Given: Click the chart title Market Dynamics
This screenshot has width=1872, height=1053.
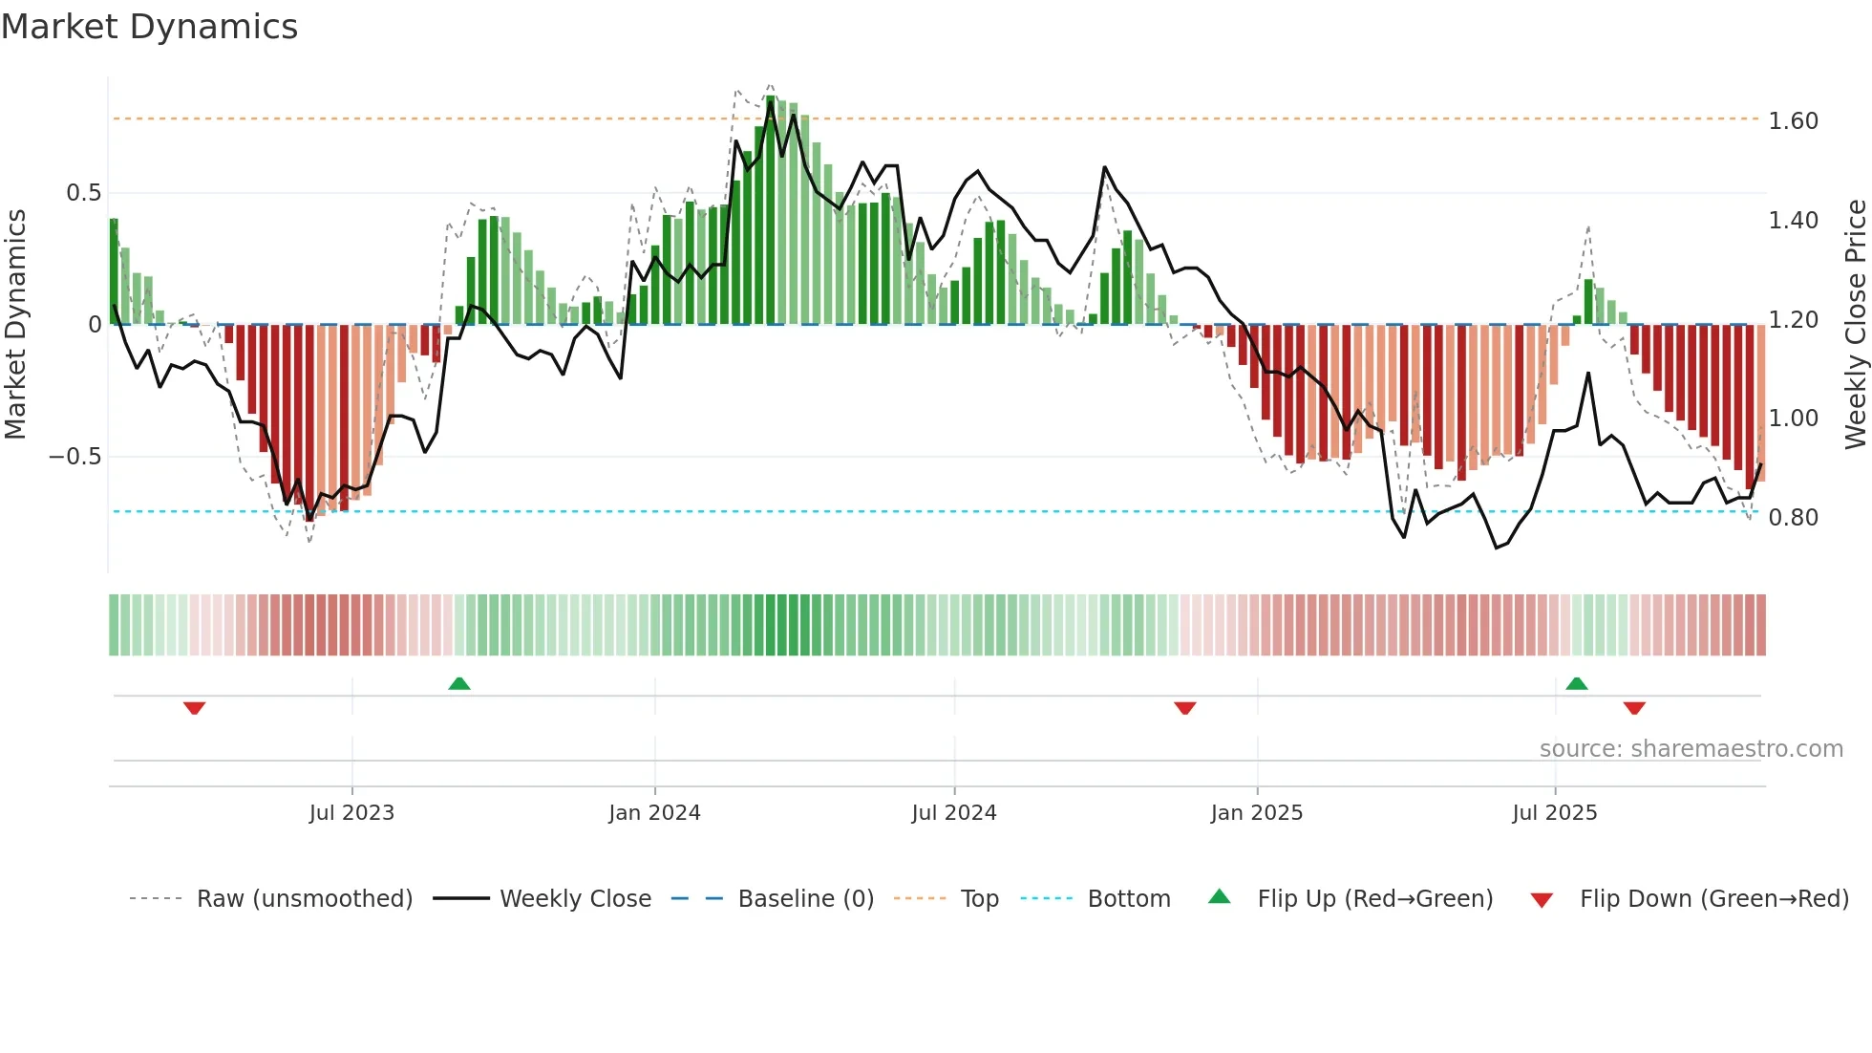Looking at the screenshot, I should tap(150, 27).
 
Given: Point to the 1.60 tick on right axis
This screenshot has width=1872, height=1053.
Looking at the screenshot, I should tap(1793, 121).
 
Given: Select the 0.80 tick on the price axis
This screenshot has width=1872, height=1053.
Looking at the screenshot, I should tap(1793, 518).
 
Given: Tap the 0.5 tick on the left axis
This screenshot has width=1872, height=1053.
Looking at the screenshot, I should tap(83, 193).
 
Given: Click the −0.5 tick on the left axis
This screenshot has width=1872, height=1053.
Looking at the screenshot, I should tap(75, 457).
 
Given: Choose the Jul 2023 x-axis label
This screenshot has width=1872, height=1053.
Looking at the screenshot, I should tap(351, 813).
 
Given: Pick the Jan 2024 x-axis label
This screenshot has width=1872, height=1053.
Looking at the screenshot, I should tap(654, 813).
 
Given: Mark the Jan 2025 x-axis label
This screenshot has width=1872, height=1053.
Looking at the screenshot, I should tap(1256, 813).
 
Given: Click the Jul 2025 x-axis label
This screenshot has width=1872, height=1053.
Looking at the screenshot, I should tap(1554, 813).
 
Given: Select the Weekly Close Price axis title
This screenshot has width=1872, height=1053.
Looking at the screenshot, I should tap(1855, 325).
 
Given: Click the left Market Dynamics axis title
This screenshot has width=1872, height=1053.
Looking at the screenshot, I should tap(15, 325).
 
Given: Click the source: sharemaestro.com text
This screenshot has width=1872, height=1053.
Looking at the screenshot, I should tap(1691, 749).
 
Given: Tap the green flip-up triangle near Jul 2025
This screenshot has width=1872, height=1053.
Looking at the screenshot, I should tap(1577, 684).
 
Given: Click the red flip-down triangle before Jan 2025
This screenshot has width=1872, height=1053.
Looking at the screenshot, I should tap(1185, 708).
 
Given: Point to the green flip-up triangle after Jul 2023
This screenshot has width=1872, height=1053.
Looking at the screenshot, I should tap(459, 684).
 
